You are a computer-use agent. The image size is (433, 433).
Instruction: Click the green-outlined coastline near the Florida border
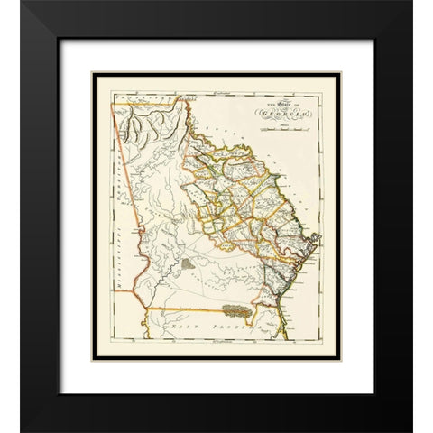pos(275,289)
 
